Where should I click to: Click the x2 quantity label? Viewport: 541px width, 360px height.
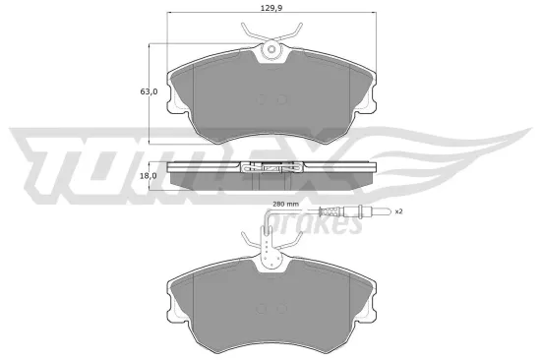tap(398, 211)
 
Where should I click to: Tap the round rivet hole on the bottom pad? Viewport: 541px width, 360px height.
tap(270, 259)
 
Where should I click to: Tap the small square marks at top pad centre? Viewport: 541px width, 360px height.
tap(270, 98)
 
